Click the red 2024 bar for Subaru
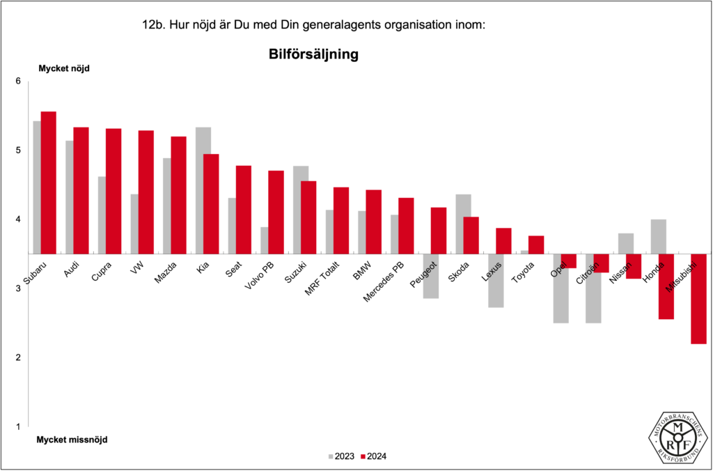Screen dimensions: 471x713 (x=48, y=183)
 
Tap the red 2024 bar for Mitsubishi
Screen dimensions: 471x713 (x=698, y=299)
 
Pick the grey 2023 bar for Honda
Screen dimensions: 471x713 (x=658, y=236)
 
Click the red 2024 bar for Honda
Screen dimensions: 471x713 (x=666, y=286)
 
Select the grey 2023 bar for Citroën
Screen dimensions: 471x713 (x=593, y=288)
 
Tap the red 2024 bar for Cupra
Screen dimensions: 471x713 (x=113, y=191)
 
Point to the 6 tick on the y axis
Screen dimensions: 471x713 (x=18, y=82)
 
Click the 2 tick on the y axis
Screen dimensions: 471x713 (x=18, y=357)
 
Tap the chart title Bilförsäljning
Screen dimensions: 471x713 (x=313, y=54)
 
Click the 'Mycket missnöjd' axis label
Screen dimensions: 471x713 (x=72, y=440)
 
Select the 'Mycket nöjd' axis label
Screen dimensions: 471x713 (x=64, y=68)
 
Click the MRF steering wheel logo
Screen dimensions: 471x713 (x=680, y=438)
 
